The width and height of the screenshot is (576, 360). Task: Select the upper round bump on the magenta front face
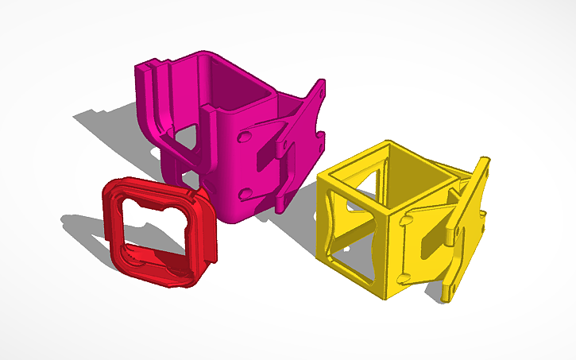[x=244, y=138]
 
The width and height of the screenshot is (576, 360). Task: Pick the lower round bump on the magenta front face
[x=245, y=192]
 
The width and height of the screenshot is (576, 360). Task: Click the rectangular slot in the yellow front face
[x=426, y=242]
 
